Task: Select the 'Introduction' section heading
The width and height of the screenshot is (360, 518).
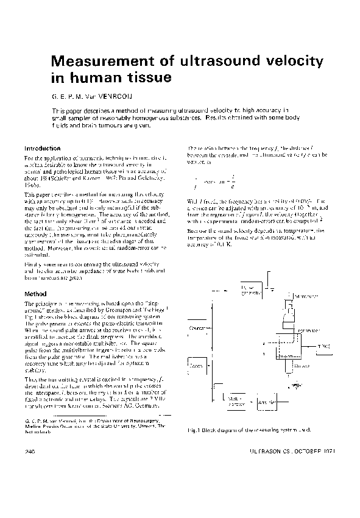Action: (42, 148)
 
